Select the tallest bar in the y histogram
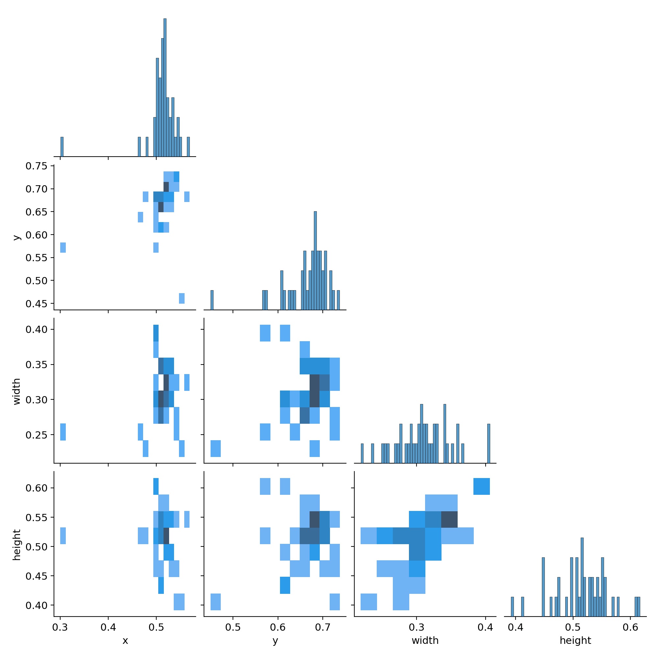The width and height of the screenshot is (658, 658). click(x=315, y=260)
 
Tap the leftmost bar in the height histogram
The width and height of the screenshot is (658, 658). click(x=512, y=607)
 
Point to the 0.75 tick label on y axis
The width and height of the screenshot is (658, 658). click(x=37, y=166)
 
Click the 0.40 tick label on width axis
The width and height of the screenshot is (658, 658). click(x=37, y=329)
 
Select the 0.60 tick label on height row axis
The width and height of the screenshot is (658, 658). click(x=37, y=488)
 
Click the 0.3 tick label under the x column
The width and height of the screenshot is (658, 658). click(x=60, y=627)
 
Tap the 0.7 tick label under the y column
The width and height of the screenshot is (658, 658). click(x=323, y=627)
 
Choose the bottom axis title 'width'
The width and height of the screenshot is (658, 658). click(x=425, y=641)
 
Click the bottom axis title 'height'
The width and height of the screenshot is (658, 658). click(x=575, y=641)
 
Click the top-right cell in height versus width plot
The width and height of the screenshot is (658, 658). click(x=482, y=486)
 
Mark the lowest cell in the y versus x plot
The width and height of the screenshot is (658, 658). click(x=182, y=298)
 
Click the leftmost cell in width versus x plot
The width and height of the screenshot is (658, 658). click(x=63, y=432)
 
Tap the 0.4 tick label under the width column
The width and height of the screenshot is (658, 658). click(x=485, y=627)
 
